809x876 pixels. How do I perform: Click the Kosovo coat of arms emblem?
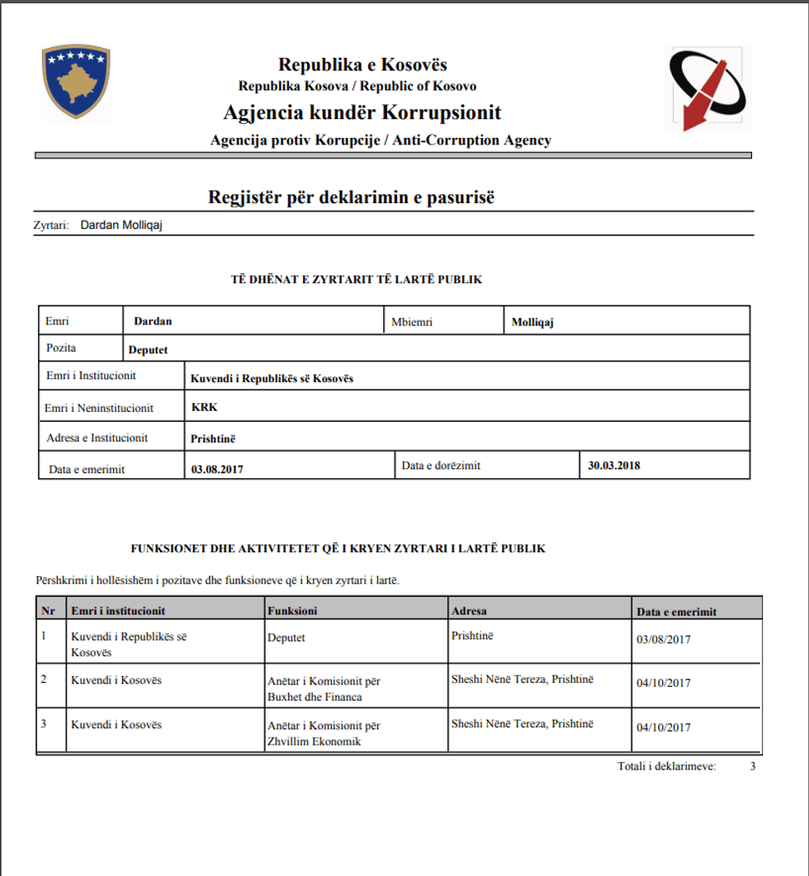pos(76,82)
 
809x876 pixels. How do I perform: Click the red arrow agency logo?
pos(707,89)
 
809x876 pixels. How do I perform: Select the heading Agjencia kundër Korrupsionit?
pos(362,112)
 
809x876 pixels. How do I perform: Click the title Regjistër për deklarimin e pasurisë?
pos(351,198)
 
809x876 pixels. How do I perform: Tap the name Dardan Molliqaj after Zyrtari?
pos(121,225)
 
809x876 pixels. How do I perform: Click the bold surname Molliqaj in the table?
pos(532,323)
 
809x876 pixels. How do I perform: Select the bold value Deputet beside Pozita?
pos(148,349)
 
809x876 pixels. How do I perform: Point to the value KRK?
pos(204,407)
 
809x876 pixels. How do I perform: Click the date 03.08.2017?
pos(217,469)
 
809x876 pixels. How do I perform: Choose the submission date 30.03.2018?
pos(613,465)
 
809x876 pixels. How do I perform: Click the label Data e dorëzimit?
pos(441,466)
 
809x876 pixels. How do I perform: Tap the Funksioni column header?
pos(292,611)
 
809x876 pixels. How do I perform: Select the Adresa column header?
pos(469,611)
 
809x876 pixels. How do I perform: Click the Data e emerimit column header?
pos(676,612)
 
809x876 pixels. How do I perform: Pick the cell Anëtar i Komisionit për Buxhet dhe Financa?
pos(324,689)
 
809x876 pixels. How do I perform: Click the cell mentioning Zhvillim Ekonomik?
pos(324,733)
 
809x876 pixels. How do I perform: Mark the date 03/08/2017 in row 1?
pos(664,639)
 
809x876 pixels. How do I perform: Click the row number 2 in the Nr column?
pos(45,679)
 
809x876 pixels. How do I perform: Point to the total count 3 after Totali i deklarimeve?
pos(752,766)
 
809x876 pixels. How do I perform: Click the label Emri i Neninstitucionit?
pos(99,408)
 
